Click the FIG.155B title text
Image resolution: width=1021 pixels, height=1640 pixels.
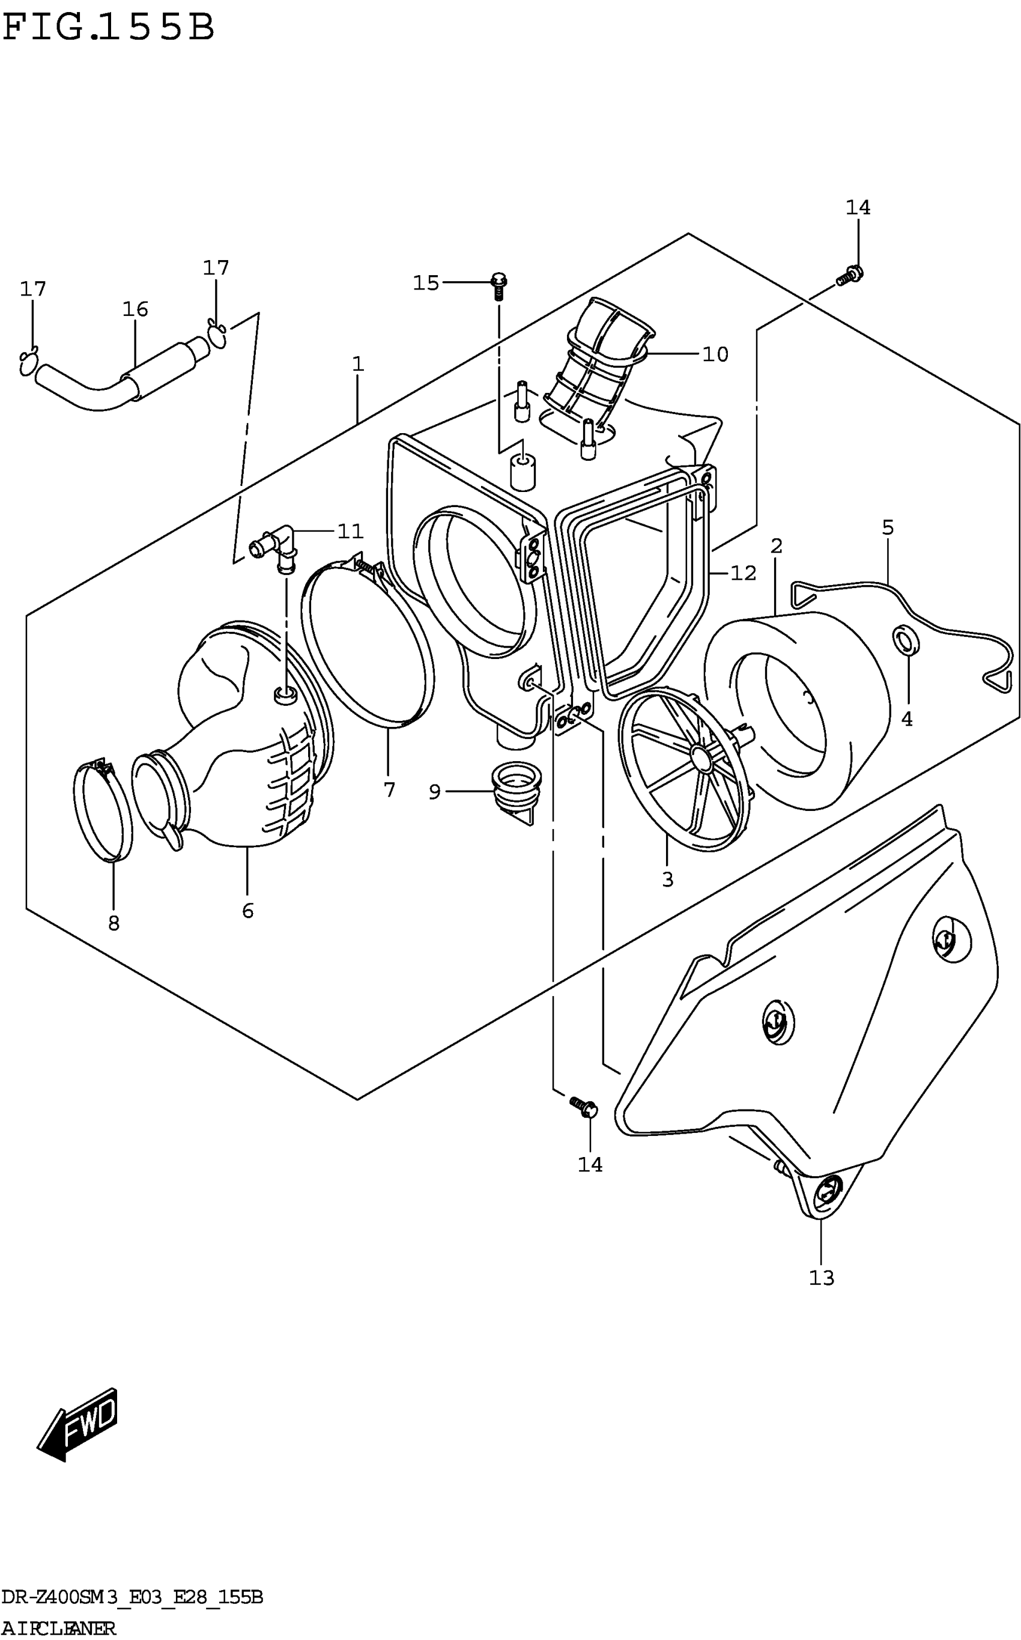click(x=108, y=28)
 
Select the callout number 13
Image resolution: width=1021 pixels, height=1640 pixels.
click(x=822, y=1278)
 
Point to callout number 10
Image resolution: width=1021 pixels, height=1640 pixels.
click(x=715, y=354)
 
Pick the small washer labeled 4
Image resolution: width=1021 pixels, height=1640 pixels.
click(x=906, y=640)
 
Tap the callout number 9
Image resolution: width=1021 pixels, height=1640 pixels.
click(x=434, y=792)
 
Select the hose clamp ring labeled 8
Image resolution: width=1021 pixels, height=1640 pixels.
click(x=102, y=810)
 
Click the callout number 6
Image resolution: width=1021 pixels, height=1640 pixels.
click(x=248, y=911)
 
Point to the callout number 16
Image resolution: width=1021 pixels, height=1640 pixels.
click(x=135, y=309)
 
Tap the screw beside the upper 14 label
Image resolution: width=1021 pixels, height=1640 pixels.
click(x=849, y=276)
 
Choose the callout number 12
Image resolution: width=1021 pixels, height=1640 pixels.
click(x=743, y=572)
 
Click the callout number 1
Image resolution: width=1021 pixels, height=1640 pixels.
click(x=358, y=364)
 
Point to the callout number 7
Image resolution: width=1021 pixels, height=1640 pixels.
click(x=389, y=789)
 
